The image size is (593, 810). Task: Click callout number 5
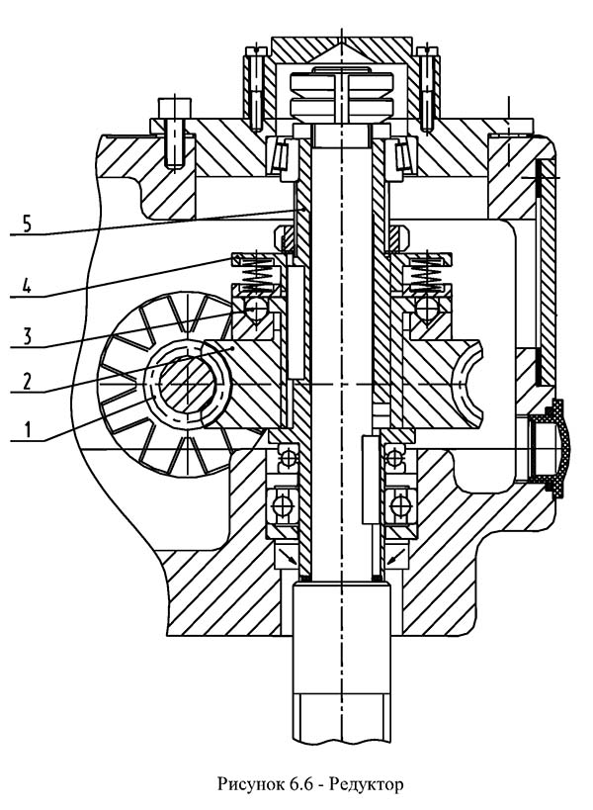coord(28,225)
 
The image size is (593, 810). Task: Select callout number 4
coord(28,285)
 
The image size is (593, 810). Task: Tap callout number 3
coord(28,336)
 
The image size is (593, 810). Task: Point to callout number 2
coord(28,381)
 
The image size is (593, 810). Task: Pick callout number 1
coord(28,429)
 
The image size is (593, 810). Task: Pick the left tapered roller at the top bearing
coord(282,154)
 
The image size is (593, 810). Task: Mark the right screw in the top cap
coord(427,89)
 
